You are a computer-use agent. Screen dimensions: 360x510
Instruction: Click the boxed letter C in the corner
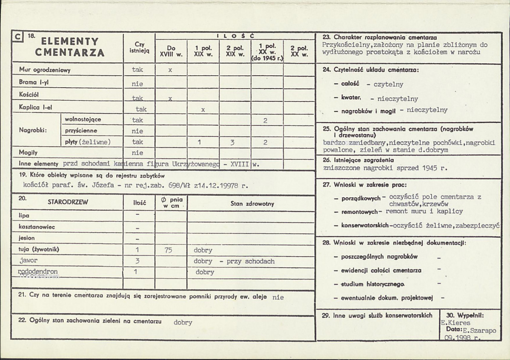[x=17, y=37]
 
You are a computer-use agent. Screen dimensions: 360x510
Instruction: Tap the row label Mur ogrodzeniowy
[x=45, y=69]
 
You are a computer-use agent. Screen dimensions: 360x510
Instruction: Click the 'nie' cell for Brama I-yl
[x=138, y=83]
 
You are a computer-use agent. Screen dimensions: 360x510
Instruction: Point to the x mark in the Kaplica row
[x=203, y=109]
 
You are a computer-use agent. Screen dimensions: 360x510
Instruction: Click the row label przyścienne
[x=81, y=131]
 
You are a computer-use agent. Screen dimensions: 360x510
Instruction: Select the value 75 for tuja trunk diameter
[x=168, y=250]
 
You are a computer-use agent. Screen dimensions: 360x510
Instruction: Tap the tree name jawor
[x=29, y=260]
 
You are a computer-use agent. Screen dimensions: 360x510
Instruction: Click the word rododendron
[x=38, y=271]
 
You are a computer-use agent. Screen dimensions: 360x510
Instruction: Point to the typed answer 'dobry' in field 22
[x=183, y=322]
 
